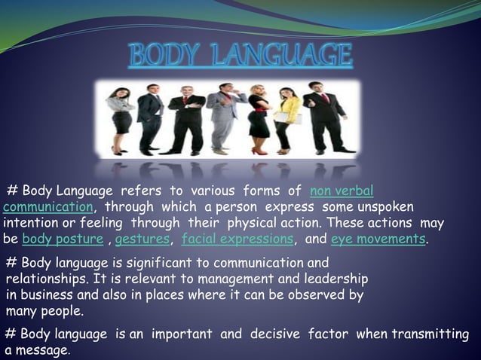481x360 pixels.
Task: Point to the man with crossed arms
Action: (149, 117)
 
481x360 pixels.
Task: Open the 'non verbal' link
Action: (342, 191)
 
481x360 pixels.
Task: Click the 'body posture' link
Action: (63, 239)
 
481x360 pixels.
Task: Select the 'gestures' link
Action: (143, 239)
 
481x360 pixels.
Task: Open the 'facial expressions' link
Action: (237, 239)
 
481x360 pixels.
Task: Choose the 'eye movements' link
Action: (378, 239)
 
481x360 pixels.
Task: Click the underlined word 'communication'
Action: (47, 206)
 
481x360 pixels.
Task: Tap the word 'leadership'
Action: (335, 279)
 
